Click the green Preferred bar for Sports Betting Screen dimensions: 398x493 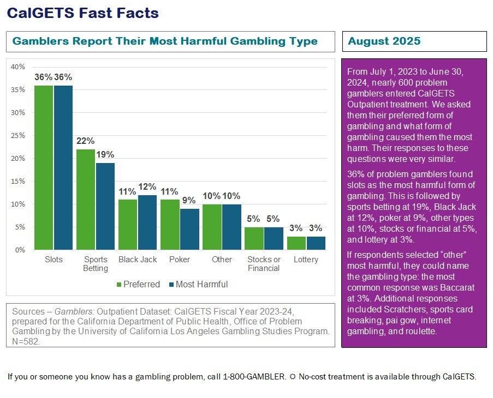86,199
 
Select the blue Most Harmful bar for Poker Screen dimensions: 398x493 189,229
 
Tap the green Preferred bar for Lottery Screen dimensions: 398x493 296,243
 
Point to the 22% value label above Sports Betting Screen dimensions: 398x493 86,141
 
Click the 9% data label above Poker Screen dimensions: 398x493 189,200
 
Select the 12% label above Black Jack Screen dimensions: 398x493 147,186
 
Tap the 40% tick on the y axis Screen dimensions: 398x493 18,67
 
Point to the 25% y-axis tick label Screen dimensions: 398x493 18,136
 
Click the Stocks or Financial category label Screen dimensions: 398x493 264,263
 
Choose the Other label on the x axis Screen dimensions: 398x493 222,260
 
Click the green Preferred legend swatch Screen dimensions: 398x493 119,285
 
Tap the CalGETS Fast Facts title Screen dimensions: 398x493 82,13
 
